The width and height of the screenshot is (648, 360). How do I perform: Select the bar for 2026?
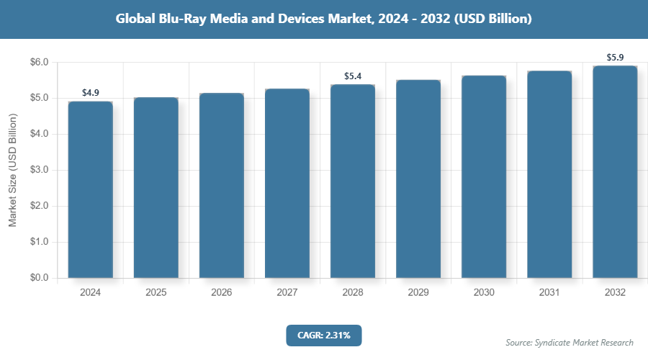(x=222, y=185)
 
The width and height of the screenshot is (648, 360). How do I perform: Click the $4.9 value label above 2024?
(x=91, y=93)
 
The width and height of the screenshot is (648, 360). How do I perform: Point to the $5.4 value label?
(x=353, y=76)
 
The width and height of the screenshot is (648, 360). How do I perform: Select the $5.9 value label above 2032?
(x=615, y=57)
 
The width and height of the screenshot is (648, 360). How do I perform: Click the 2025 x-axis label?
(x=156, y=293)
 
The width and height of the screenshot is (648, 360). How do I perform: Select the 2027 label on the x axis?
(x=287, y=293)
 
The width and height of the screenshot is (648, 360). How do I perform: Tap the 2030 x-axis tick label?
(x=484, y=293)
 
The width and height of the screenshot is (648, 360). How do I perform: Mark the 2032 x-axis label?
(x=615, y=293)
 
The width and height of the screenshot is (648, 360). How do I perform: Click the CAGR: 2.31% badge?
(x=323, y=335)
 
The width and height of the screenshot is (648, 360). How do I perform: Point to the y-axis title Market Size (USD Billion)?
(x=12, y=171)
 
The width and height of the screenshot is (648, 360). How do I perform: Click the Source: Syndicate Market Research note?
(x=570, y=343)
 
